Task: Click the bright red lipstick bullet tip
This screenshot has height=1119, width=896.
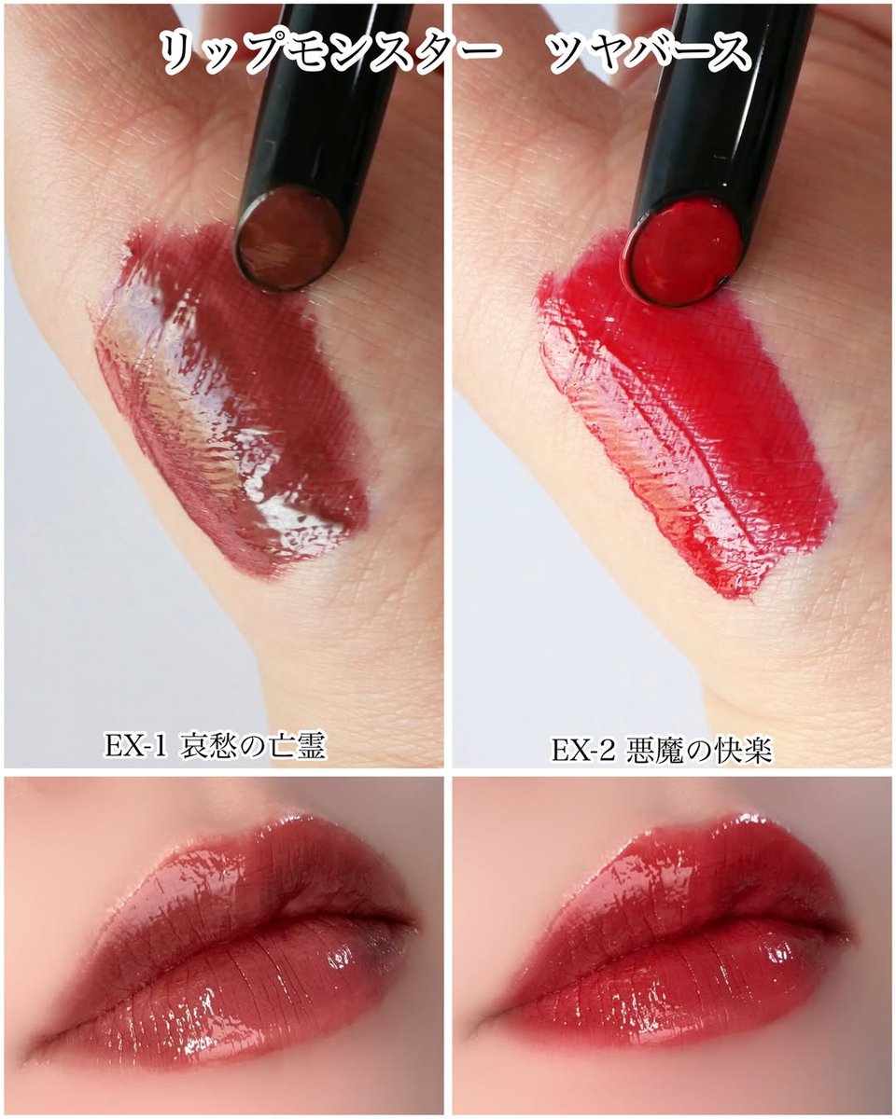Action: tap(686, 250)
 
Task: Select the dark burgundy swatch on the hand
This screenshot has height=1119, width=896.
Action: tap(233, 401)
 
